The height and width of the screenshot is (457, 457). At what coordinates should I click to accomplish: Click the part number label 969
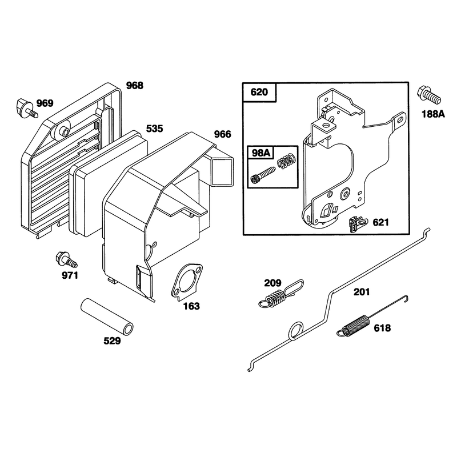pos(45,103)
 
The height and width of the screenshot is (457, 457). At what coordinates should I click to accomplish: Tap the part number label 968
pos(135,85)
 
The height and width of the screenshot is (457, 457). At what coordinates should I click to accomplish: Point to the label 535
pos(154,129)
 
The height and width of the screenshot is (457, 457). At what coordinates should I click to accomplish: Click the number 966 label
pos(222,134)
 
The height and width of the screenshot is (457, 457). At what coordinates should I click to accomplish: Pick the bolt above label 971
pos(66,259)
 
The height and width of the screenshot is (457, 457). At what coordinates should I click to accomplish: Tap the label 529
pos(112,340)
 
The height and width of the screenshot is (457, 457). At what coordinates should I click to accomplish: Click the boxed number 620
pos(259,92)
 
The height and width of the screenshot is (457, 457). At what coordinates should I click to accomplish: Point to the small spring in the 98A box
pos(287,161)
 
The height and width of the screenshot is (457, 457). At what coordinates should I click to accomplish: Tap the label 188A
pos(434,114)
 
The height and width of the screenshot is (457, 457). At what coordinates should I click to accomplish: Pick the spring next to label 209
pos(281,294)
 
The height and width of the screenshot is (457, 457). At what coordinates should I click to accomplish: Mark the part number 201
pos(362,292)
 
